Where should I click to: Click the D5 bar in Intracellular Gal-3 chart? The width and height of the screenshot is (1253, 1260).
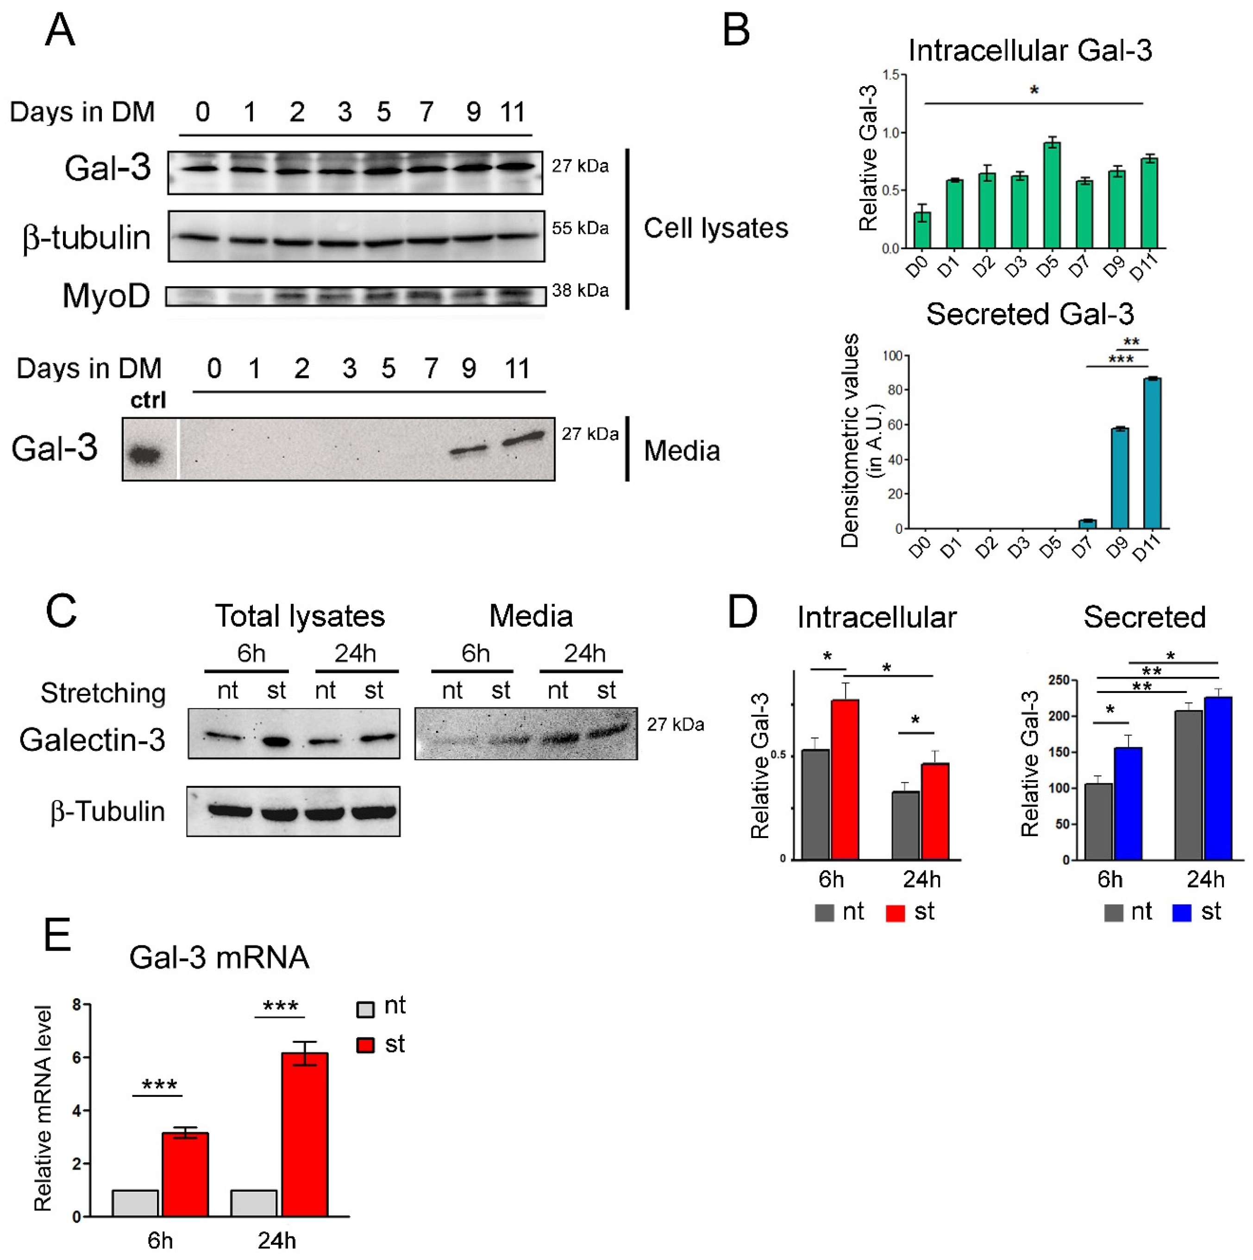[1051, 195]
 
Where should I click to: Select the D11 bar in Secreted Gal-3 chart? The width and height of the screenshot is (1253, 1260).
[1152, 453]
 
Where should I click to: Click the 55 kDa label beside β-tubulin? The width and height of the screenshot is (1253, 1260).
[580, 228]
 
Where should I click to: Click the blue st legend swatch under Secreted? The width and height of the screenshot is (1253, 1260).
[1181, 913]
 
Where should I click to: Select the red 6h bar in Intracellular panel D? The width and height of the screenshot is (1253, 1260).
[844, 779]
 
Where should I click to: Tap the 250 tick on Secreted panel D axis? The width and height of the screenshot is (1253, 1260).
[1059, 680]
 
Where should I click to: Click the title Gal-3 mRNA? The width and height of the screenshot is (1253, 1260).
[219, 958]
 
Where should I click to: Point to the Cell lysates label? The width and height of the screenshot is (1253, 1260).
[715, 228]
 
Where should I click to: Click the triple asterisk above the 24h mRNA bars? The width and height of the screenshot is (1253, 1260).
[280, 1006]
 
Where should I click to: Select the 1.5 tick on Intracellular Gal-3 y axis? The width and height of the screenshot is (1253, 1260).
[890, 75]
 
